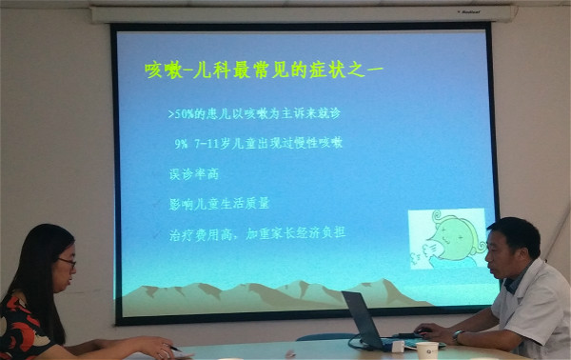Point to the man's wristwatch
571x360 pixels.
tap(459, 336)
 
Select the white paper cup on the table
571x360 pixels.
tap(427, 350)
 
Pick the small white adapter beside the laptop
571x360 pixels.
tap(398, 347)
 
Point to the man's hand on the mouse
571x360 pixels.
tap(429, 330)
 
